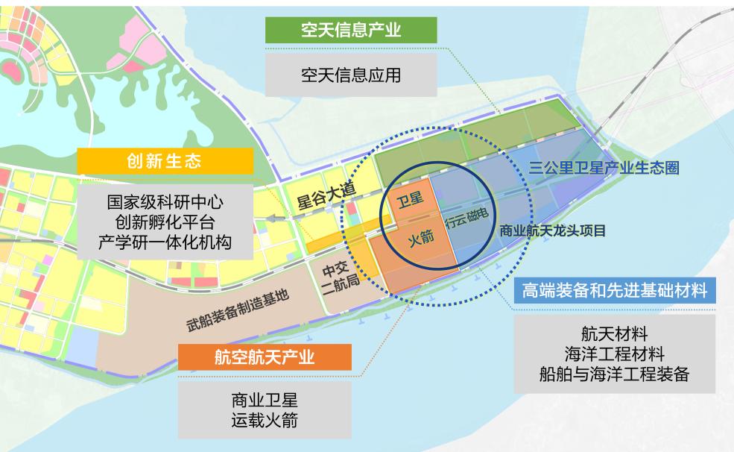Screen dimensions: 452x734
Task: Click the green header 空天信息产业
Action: tap(351, 30)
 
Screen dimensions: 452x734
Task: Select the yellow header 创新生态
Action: tap(164, 161)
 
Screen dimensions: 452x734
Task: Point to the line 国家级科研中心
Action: tap(165, 202)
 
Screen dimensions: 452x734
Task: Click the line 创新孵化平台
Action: tap(165, 222)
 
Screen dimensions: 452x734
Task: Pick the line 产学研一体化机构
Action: tap(165, 242)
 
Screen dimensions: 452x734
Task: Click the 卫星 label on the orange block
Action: tap(409, 200)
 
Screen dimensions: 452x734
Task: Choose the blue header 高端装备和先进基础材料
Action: tap(614, 290)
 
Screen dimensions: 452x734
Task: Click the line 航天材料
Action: tap(613, 332)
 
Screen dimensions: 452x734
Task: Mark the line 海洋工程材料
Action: tap(613, 353)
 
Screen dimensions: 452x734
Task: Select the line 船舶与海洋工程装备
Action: tap(613, 374)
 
